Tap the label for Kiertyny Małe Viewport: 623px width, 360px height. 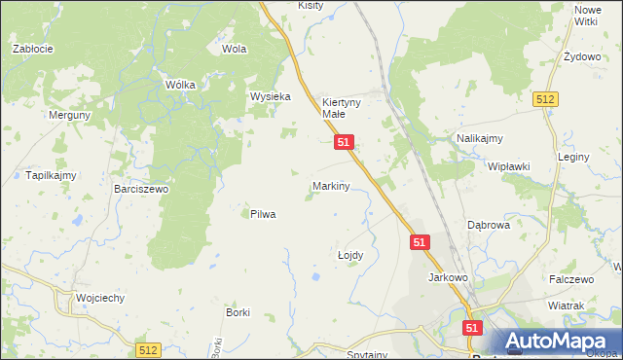pos(341,107)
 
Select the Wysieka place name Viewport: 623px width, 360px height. pos(271,97)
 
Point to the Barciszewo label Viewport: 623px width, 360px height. pos(141,189)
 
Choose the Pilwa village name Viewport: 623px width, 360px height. pos(263,214)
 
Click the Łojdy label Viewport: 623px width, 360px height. pos(350,255)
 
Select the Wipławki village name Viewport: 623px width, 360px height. pos(508,166)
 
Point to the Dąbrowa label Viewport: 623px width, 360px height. pos(489,225)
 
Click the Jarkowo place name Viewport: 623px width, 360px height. pos(449,277)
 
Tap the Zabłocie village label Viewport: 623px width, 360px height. pos(31,48)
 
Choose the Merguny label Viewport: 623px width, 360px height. pos(70,114)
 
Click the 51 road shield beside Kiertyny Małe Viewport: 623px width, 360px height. pos(344,142)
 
